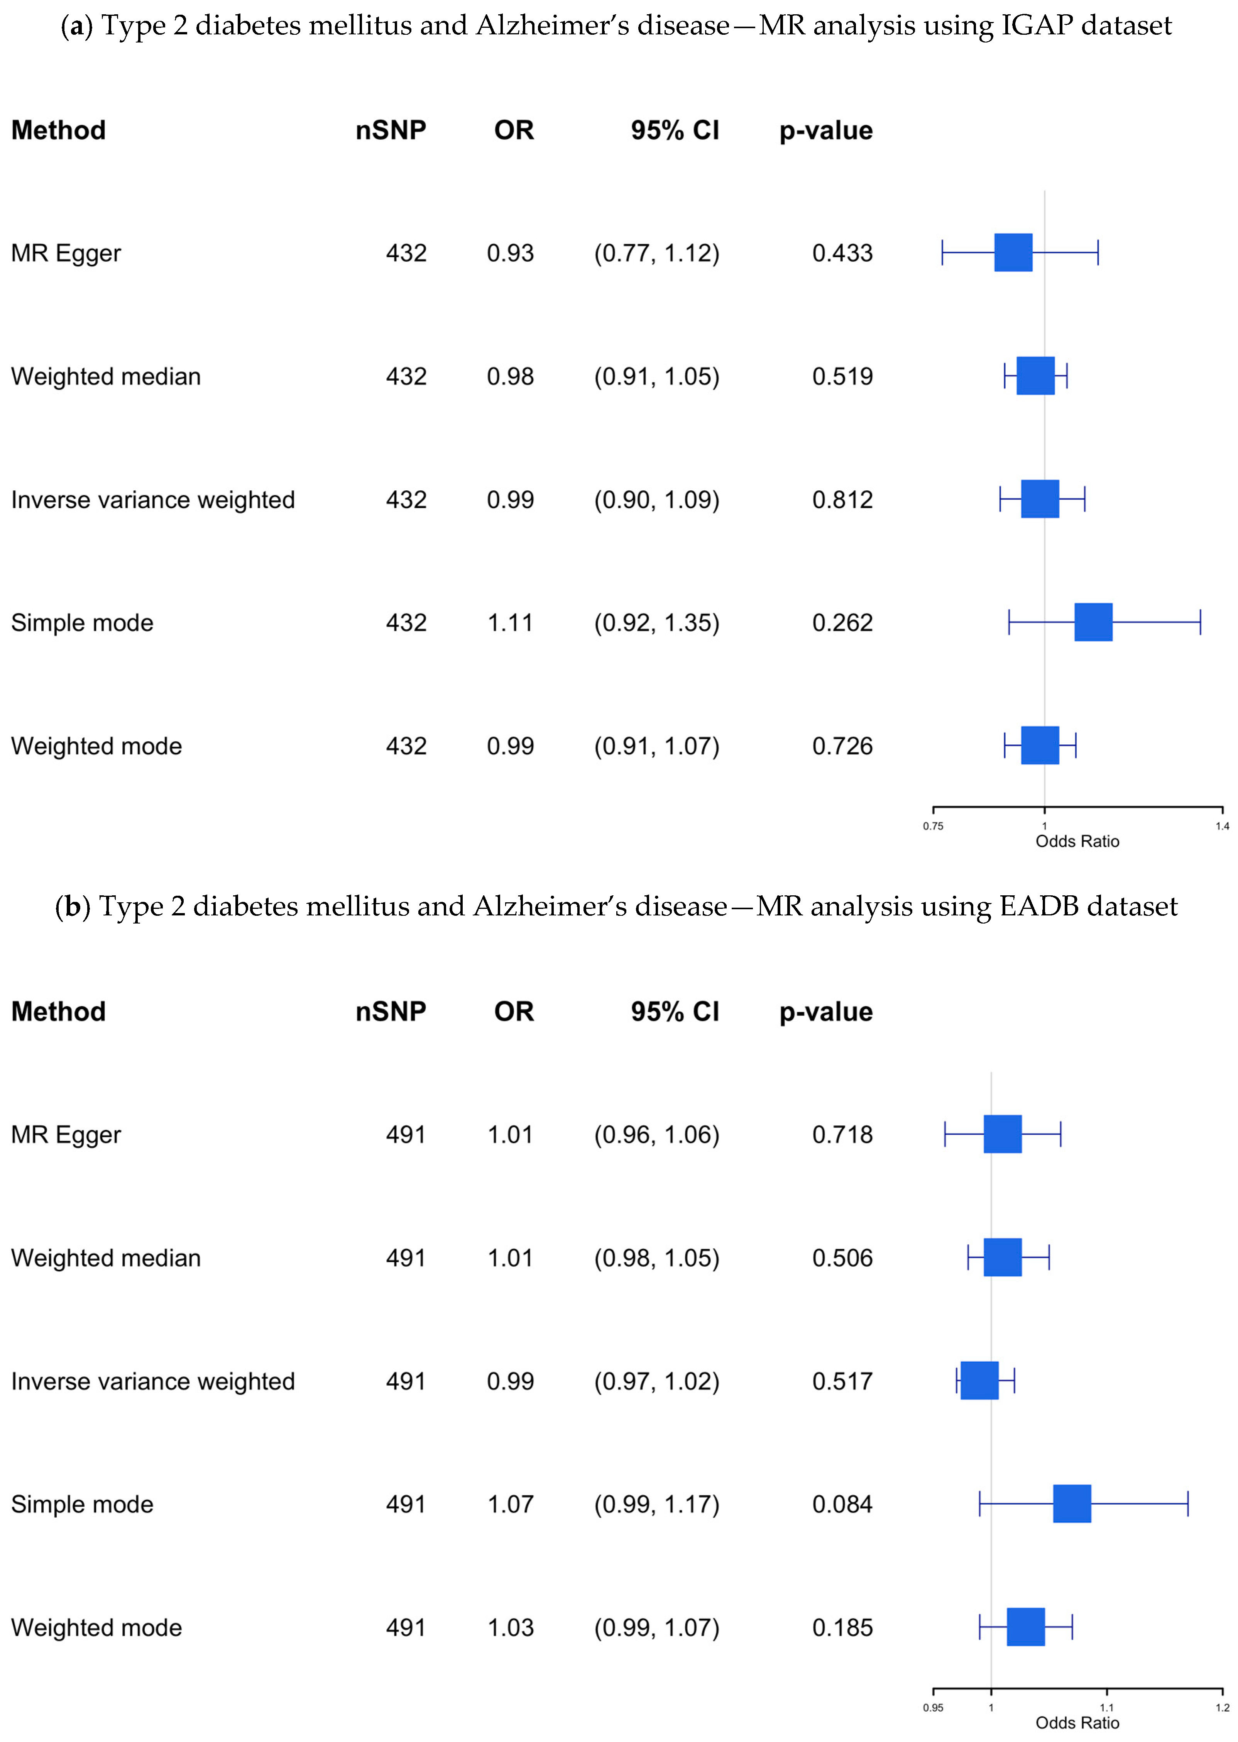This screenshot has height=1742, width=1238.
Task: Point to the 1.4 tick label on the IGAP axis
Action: [x=1222, y=826]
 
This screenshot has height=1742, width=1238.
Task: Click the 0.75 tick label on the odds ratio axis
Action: [x=933, y=826]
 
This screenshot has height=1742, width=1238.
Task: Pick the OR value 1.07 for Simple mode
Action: [x=510, y=1504]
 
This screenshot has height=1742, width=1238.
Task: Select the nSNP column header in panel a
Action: [x=390, y=130]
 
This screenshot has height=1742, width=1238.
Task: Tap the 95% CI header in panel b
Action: [x=675, y=1011]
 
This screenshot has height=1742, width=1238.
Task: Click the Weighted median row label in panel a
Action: [x=106, y=377]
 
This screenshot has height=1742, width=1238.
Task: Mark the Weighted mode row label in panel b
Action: [x=97, y=1628]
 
